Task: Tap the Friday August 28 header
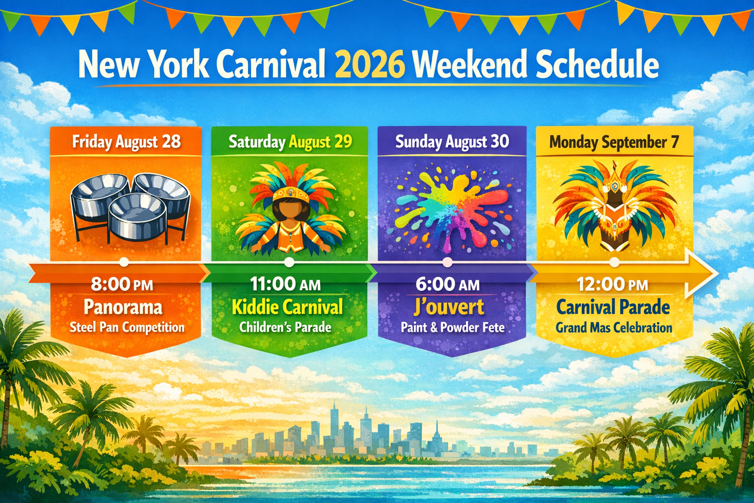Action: (126, 142)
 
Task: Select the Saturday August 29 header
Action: (290, 142)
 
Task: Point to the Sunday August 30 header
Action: (452, 142)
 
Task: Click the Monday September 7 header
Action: (614, 142)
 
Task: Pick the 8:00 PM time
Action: (122, 284)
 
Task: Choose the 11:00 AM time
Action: (285, 284)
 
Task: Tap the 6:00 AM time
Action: (448, 284)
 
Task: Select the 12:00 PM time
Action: (612, 284)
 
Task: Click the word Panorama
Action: (123, 307)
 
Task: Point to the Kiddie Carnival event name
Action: (287, 307)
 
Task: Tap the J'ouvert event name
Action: (449, 307)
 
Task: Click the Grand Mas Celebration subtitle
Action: (614, 328)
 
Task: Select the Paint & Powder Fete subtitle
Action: (453, 328)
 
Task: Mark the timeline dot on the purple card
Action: (447, 263)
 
